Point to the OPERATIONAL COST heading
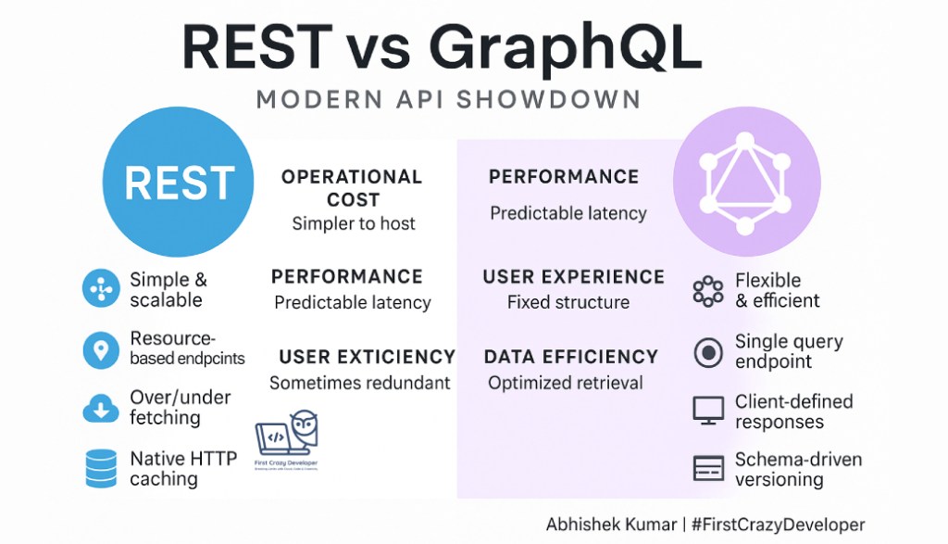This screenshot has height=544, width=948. click(x=352, y=187)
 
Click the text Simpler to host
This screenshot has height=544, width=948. click(x=354, y=223)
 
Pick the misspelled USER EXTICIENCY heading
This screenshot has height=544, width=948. click(x=367, y=357)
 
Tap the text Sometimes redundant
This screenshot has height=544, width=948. click(x=360, y=383)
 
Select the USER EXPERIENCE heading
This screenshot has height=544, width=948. click(x=573, y=277)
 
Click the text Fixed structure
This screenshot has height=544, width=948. click(x=568, y=302)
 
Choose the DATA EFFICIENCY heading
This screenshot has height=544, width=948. click(x=571, y=357)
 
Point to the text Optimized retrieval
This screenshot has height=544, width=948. click(x=565, y=383)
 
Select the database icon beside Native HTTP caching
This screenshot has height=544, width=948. click(x=100, y=469)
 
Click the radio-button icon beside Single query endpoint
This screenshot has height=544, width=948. click(x=708, y=352)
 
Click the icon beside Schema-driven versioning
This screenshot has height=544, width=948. click(x=708, y=468)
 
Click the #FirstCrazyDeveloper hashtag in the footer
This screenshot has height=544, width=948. click(x=779, y=525)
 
